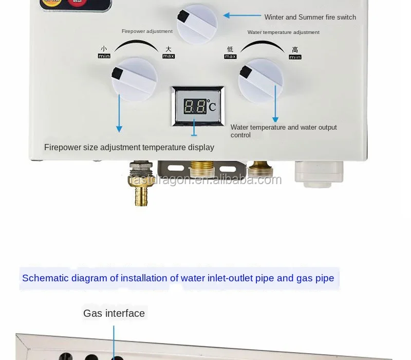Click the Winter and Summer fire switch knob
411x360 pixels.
point(197,24)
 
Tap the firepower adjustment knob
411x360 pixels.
point(134,79)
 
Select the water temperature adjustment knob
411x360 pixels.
point(260,80)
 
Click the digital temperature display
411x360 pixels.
point(198,106)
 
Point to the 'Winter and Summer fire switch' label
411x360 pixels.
point(310,17)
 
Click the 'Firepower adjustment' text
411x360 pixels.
point(147,31)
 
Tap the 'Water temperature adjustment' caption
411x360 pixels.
point(283,32)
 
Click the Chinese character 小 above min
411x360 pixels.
point(104,49)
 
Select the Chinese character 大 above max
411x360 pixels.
point(169,49)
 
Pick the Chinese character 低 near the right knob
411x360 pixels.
point(230,49)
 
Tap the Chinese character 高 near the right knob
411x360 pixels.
point(295,50)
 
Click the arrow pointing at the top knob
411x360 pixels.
point(241,15)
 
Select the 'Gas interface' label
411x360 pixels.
point(114,313)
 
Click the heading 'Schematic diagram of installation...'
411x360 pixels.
point(178,278)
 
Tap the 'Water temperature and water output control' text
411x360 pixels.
point(284,131)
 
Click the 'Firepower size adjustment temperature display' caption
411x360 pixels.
point(129,148)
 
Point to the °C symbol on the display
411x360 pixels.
point(212,107)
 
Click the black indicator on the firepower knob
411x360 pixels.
point(117,74)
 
